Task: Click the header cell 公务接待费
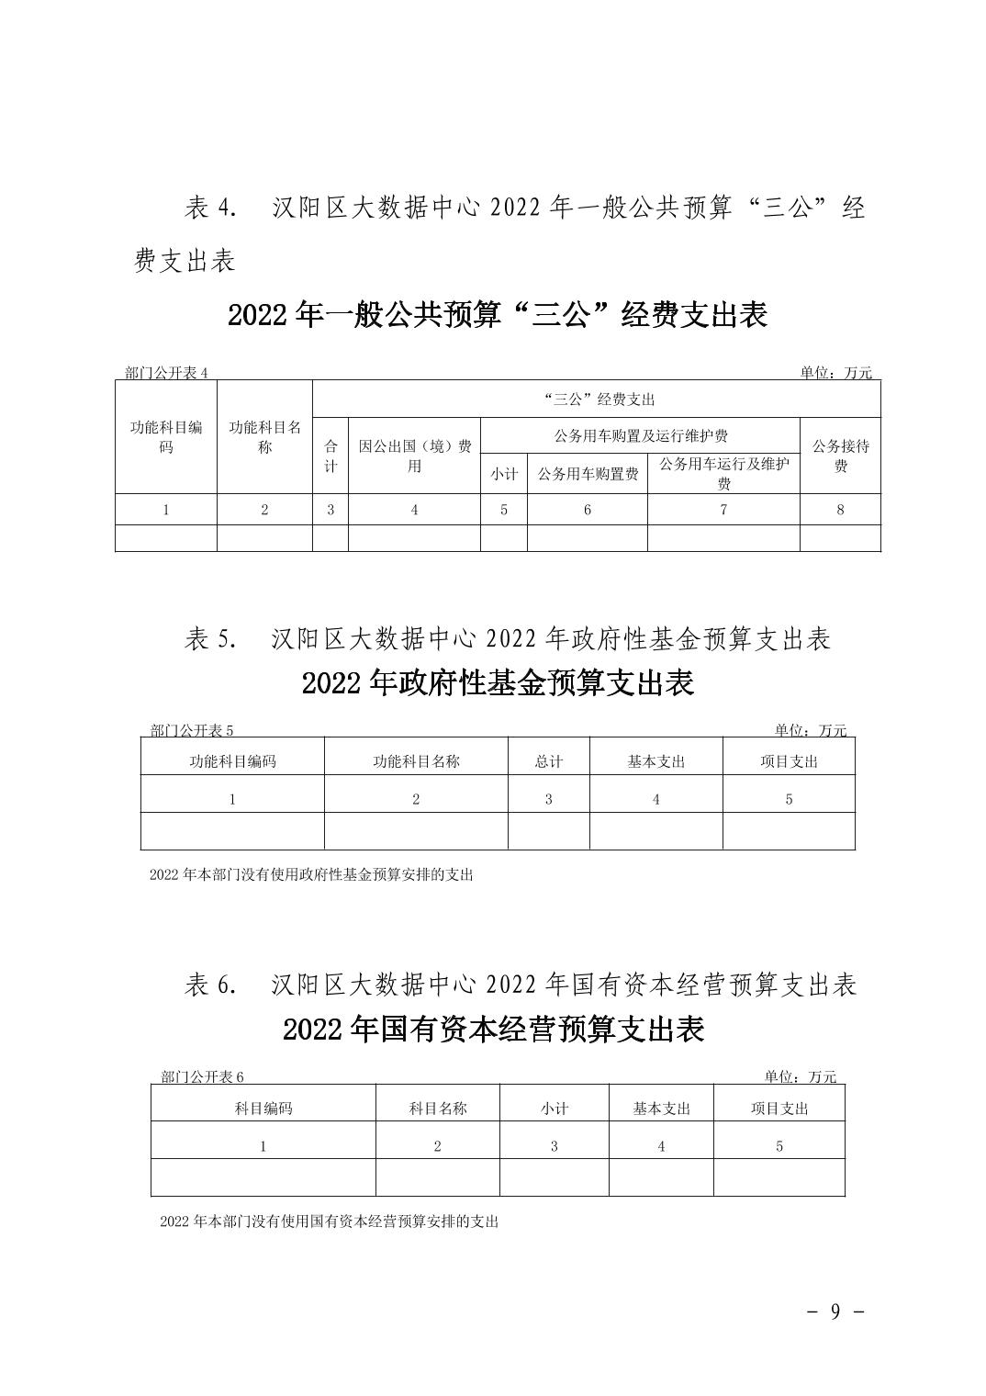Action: click(x=840, y=456)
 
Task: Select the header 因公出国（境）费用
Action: click(x=414, y=456)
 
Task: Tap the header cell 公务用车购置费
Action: click(x=588, y=474)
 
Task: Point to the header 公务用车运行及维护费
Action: click(x=723, y=474)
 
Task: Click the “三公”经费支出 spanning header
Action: click(x=598, y=400)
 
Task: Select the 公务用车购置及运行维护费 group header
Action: click(x=641, y=435)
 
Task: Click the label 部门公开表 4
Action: click(x=167, y=373)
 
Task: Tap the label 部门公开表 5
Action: click(x=192, y=731)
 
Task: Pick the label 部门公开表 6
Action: click(x=203, y=1077)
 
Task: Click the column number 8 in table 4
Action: click(x=840, y=510)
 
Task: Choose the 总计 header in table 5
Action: click(x=548, y=761)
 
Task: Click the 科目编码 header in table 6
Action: click(x=263, y=1109)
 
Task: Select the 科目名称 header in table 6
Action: click(x=438, y=1109)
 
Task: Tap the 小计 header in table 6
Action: click(x=555, y=1109)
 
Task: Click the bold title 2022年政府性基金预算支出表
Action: click(x=498, y=683)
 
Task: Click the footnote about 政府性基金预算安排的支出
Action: click(x=310, y=875)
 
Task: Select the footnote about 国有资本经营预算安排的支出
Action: click(x=329, y=1222)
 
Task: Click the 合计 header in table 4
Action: click(x=331, y=456)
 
